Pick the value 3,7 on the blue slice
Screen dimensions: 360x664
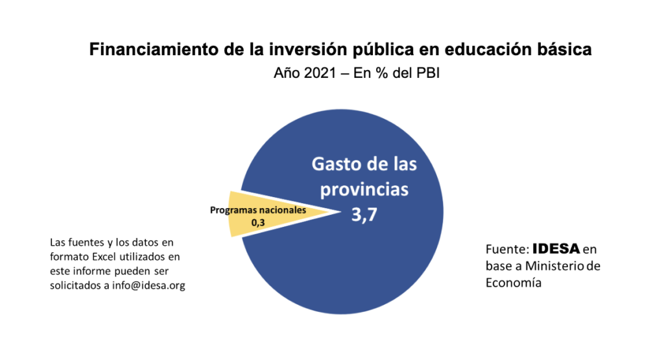pyautogui.click(x=364, y=217)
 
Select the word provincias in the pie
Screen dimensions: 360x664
pyautogui.click(x=365, y=189)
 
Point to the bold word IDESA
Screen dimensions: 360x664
pyautogui.click(x=556, y=249)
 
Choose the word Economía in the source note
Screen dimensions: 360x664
pyautogui.click(x=514, y=283)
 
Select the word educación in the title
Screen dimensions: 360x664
pyautogui.click(x=477, y=50)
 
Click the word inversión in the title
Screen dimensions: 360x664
pyautogui.click(x=292, y=50)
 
